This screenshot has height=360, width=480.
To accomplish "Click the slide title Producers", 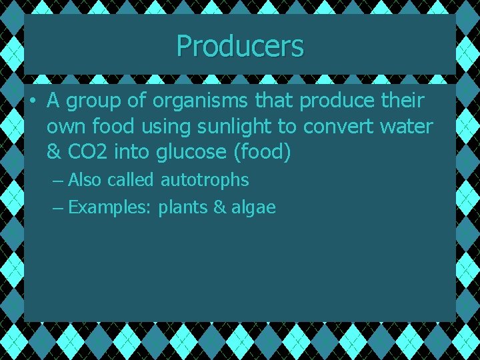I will (240, 46).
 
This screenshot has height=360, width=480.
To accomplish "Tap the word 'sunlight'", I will (229, 127).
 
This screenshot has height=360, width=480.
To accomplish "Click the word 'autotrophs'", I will (205, 180).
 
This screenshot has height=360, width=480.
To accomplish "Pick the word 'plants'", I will (183, 207).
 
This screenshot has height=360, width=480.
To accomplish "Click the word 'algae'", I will (253, 207).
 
